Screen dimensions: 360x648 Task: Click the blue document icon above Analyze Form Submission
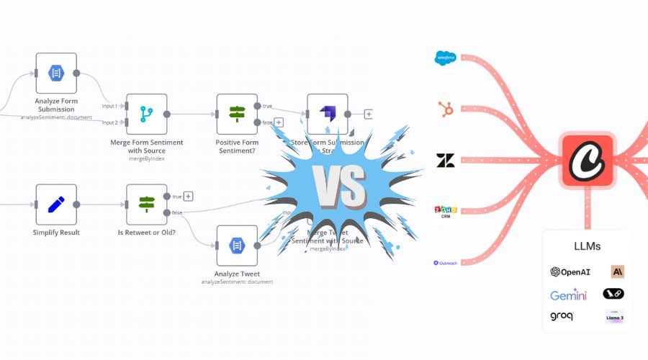(56, 73)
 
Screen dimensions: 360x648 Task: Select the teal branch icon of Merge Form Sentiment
(147, 114)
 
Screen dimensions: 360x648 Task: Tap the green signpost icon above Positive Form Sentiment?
(237, 114)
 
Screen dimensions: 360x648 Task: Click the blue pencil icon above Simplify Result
(56, 204)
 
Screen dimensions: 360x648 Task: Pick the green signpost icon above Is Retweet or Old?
(147, 204)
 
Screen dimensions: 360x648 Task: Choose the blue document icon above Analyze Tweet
(237, 246)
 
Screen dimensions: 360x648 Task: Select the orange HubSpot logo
(446, 110)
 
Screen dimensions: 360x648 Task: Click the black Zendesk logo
(446, 161)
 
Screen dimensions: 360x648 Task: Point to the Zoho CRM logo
(446, 212)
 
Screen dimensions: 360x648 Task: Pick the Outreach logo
(446, 263)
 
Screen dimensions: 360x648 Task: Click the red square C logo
(588, 160)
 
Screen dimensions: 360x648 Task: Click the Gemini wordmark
(568, 295)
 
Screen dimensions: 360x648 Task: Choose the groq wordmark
(562, 316)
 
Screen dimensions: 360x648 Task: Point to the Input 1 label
(109, 106)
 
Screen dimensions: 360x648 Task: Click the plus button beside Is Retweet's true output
(188, 196)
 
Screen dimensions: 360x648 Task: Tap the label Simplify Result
(56, 233)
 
